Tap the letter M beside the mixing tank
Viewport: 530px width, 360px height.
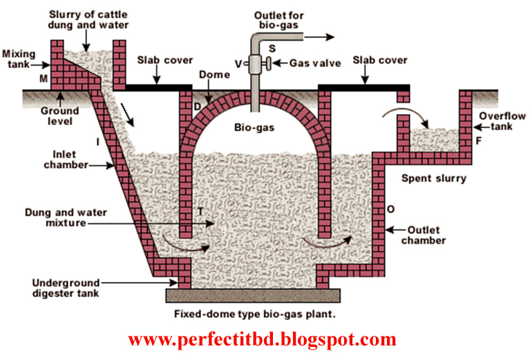point(44,79)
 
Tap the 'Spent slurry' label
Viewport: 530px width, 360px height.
point(434,178)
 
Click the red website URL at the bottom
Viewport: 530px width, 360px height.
point(263,339)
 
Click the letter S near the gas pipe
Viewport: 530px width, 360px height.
point(272,48)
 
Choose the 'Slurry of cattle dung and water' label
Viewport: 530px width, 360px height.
point(81,20)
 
